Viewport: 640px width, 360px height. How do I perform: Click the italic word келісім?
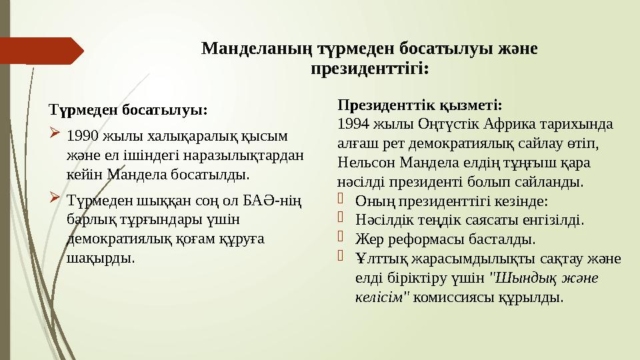(380, 297)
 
